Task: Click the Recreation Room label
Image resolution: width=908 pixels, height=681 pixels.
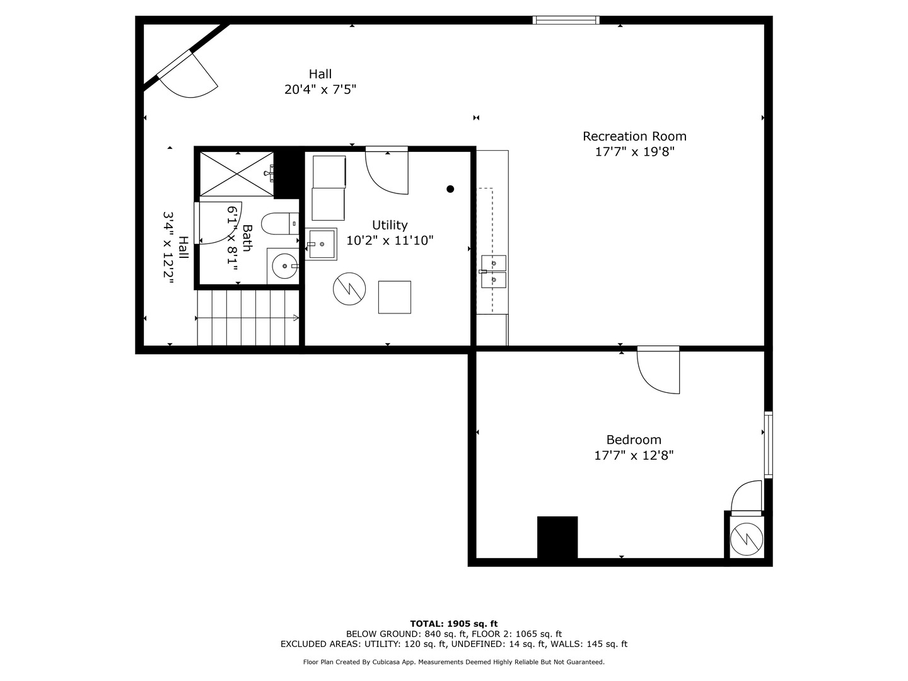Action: click(634, 136)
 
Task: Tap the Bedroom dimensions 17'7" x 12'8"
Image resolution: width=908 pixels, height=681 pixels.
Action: click(634, 455)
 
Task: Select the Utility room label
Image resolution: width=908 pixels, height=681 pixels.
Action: click(390, 225)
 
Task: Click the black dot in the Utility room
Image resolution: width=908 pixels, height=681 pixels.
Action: click(450, 189)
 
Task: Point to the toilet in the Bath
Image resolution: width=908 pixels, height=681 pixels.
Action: click(277, 223)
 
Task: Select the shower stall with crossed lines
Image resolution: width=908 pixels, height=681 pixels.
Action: click(237, 174)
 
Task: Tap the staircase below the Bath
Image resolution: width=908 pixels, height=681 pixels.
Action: click(248, 318)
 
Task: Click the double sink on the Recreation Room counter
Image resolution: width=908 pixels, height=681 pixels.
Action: click(493, 271)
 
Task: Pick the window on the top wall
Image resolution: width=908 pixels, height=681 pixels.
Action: click(566, 20)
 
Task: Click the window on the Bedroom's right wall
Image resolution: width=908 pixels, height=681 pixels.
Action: click(768, 445)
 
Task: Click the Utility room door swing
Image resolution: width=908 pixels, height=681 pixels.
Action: click(386, 172)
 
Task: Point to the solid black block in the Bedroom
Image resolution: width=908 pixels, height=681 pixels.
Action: click(557, 537)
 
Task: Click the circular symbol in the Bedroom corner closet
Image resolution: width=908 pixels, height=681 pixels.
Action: click(747, 538)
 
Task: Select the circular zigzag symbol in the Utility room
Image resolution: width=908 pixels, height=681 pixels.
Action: click(349, 289)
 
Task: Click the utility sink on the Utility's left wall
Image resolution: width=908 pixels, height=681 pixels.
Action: click(322, 244)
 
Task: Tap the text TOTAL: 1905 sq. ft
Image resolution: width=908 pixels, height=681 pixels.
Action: click(453, 624)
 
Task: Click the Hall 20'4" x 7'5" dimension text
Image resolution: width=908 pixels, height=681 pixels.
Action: click(320, 90)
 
